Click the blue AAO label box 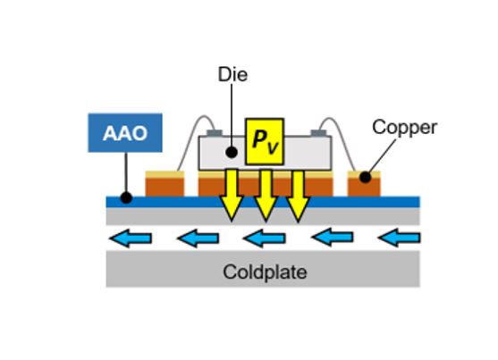click(125, 133)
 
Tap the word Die click(232, 75)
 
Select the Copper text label click(405, 128)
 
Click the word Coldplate click(265, 272)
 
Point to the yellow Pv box click(265, 141)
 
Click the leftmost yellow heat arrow click(232, 195)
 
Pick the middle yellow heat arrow click(266, 196)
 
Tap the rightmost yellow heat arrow click(298, 196)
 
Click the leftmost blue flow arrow click(131, 238)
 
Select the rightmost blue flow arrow click(400, 238)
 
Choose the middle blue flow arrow click(265, 239)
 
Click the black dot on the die click(232, 153)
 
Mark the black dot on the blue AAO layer click(126, 197)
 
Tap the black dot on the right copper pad click(366, 177)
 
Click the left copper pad click(165, 184)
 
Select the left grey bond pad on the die click(215, 133)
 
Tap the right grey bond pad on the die click(318, 133)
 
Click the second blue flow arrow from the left click(198, 239)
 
